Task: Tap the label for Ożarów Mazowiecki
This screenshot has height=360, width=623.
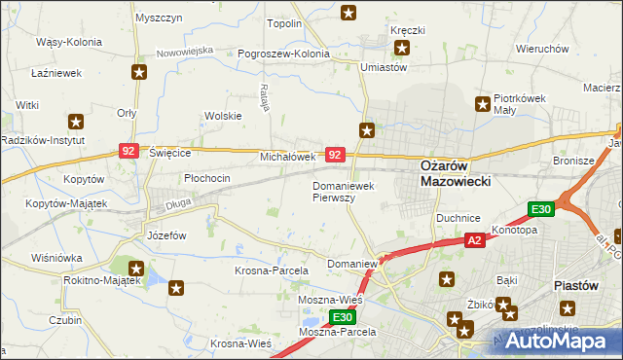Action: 456,173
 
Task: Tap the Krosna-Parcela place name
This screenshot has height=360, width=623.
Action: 272,270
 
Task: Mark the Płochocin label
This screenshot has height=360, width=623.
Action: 207,178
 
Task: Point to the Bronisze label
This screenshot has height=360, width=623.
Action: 572,161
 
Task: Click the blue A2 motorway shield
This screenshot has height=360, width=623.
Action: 474,239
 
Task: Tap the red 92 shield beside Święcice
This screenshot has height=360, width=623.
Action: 128,151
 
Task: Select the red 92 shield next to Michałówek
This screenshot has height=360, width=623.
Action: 334,155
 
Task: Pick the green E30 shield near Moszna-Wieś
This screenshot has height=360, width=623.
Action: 340,317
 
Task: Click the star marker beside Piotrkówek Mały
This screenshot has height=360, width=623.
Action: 481,104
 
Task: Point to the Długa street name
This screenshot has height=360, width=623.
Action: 149,205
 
